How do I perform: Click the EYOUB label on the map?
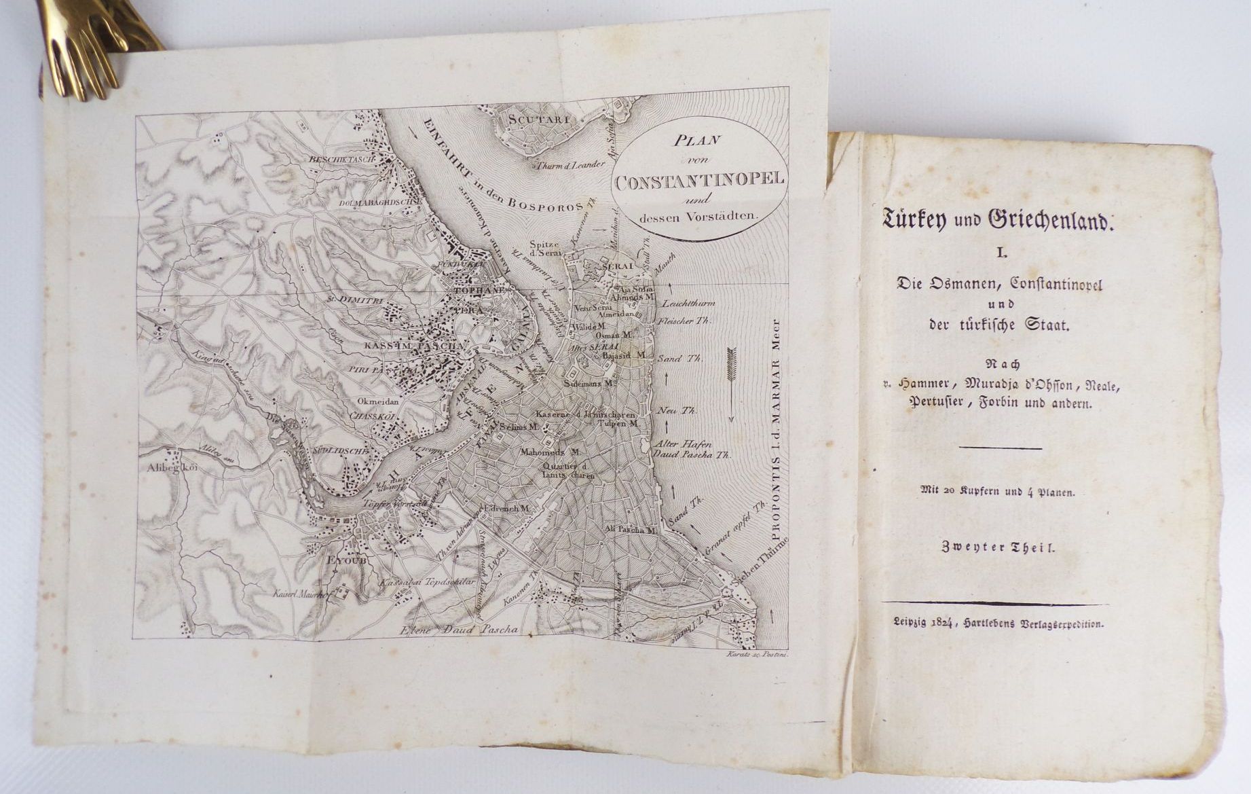coord(337,561)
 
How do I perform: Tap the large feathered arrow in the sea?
coord(731,383)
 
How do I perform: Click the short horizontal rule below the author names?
coord(999,448)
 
